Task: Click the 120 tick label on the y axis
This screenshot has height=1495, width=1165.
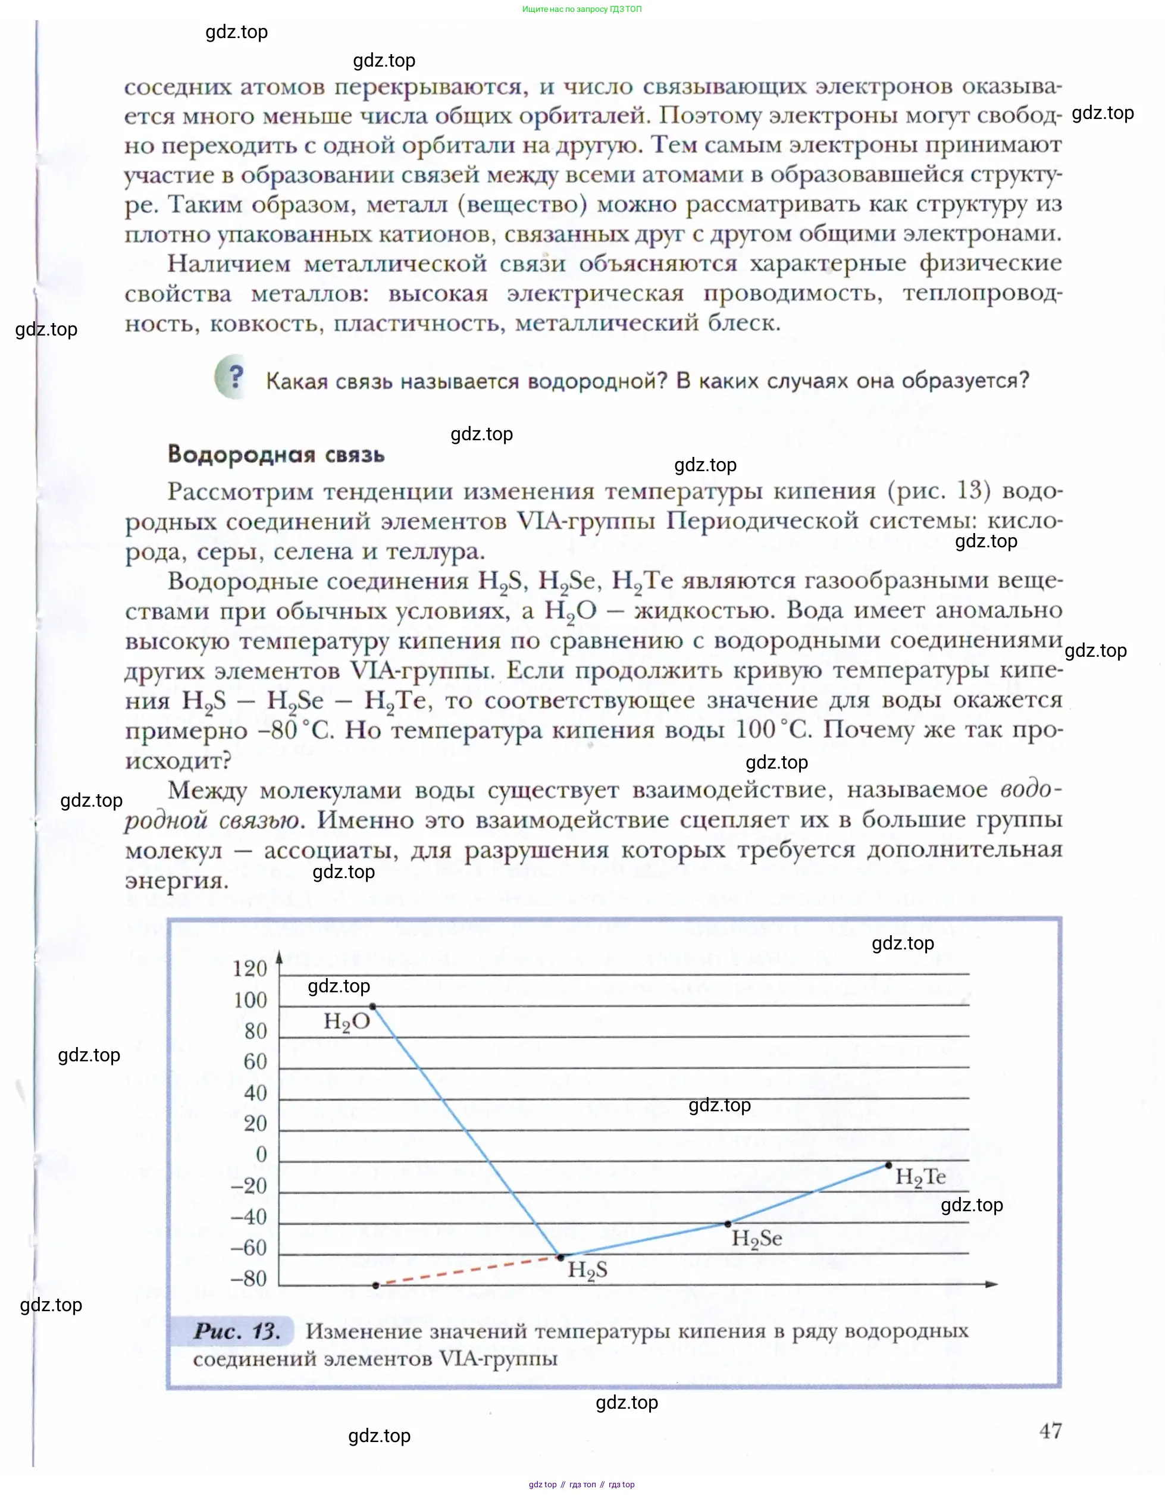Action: click(x=250, y=969)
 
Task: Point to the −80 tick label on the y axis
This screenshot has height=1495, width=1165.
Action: click(x=249, y=1278)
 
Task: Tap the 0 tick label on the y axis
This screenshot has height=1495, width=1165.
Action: click(x=261, y=1154)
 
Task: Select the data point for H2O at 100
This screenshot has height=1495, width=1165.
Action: click(x=372, y=1006)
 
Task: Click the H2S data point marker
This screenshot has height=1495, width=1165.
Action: click(x=560, y=1257)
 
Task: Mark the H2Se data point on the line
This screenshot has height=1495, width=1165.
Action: click(x=728, y=1224)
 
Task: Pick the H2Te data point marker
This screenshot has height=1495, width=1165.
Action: click(x=888, y=1165)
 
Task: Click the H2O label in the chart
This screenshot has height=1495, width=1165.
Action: click(x=347, y=1023)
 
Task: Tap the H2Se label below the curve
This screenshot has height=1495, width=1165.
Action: click(x=756, y=1239)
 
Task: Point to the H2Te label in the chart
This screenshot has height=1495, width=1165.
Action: click(x=920, y=1177)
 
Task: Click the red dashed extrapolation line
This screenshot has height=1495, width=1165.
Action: click(x=468, y=1271)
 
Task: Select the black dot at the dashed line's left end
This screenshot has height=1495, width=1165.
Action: click(x=375, y=1286)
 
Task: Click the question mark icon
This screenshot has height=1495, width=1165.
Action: click(x=233, y=377)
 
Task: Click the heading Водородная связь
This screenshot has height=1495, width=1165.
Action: click(x=276, y=455)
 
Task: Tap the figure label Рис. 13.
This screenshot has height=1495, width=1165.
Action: click(x=236, y=1331)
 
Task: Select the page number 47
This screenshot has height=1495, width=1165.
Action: click(x=1050, y=1431)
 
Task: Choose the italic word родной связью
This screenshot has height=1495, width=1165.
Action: click(x=212, y=820)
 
